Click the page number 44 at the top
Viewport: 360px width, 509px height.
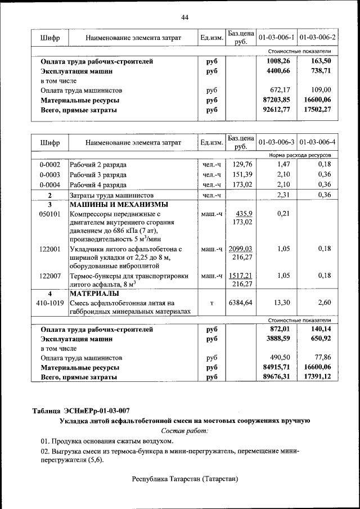pos(185,17)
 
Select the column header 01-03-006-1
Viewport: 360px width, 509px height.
pos(276,38)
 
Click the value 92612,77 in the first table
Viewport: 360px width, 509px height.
pos(276,110)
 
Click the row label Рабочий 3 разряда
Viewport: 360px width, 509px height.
pos(98,174)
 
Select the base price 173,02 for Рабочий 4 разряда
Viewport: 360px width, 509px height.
pos(241,184)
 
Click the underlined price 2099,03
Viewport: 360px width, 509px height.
pos(241,249)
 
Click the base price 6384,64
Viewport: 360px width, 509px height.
pos(241,303)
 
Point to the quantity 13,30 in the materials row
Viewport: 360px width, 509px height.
pos(281,303)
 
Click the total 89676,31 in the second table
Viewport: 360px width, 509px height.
pos(276,377)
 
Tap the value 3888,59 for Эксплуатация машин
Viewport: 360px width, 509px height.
pos(276,339)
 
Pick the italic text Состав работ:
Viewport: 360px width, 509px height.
pos(184,430)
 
